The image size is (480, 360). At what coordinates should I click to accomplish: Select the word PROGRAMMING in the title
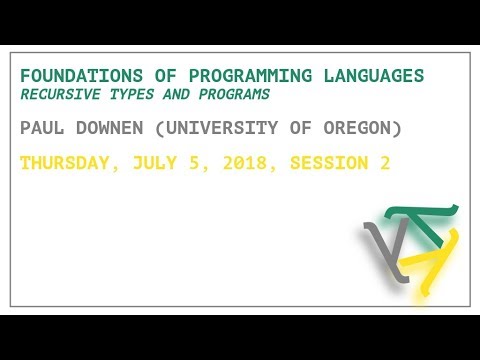click(x=225, y=77)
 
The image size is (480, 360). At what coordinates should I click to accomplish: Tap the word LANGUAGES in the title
click(x=377, y=77)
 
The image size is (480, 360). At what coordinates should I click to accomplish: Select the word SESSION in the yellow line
click(x=325, y=163)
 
